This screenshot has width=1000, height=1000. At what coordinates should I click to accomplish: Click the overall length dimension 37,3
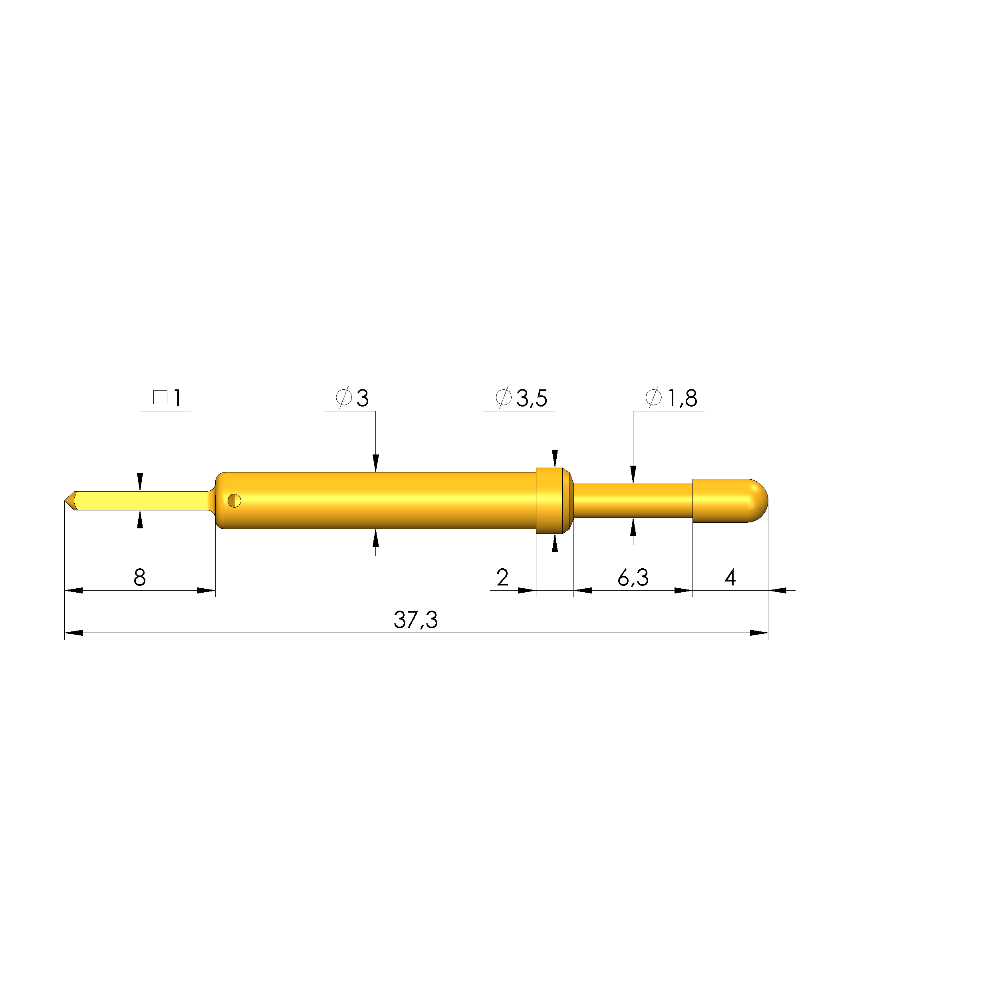click(x=416, y=619)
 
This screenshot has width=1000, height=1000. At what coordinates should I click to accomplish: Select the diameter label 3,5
click(x=532, y=398)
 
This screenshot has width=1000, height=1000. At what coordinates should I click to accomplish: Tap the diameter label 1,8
click(x=682, y=398)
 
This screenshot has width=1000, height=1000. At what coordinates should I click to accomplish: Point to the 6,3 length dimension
click(x=633, y=577)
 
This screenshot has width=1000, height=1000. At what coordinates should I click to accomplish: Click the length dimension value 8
click(x=140, y=577)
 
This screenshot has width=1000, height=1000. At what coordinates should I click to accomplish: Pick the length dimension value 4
click(x=730, y=577)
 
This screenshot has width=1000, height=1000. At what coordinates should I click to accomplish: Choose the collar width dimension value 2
click(x=502, y=577)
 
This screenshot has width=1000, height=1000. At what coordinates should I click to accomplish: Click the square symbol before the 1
click(x=161, y=397)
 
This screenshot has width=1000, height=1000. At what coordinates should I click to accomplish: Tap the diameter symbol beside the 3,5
click(x=504, y=397)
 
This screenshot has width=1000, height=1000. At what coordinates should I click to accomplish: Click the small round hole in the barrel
click(x=234, y=500)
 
